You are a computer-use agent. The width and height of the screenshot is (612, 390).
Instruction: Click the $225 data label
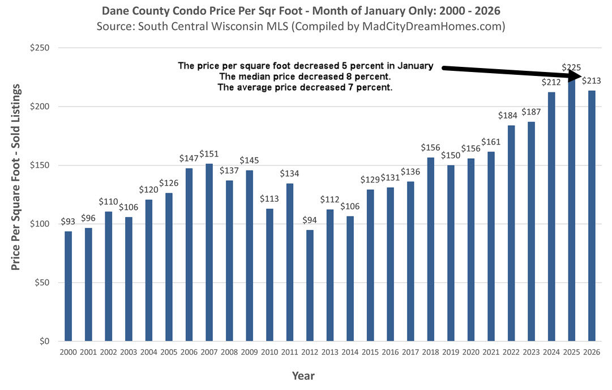(571, 67)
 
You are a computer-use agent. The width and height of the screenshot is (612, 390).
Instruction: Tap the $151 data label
(209, 154)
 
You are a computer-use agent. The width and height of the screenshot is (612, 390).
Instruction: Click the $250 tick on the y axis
(39, 48)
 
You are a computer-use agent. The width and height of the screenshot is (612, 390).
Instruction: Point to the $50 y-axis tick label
(41, 283)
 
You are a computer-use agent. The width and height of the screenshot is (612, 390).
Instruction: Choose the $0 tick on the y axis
(44, 341)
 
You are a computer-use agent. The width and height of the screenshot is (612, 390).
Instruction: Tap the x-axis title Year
(303, 375)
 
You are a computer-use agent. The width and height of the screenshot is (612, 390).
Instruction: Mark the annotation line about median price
(306, 77)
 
